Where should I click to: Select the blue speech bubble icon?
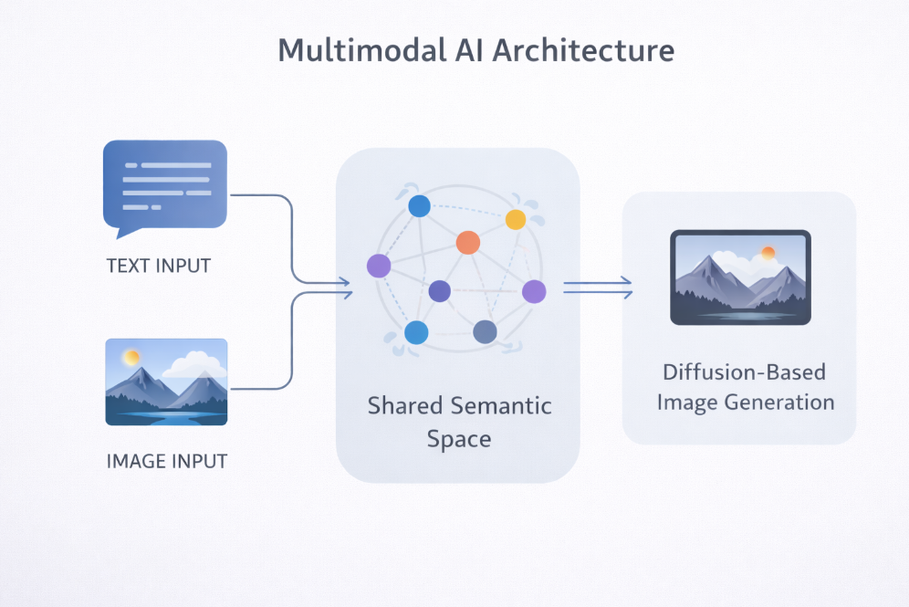165,183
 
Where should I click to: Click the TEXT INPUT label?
159,267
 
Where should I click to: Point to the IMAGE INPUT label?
167,461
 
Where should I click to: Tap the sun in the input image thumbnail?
132,357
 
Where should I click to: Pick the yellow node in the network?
516,219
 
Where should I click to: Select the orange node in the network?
467,242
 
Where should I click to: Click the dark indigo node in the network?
439,291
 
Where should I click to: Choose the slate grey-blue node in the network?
485,332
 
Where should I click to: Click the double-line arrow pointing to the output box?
597,288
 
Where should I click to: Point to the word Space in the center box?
459,439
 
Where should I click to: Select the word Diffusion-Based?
744,372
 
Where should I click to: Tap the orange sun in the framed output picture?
768,253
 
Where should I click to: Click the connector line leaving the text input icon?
260,195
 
